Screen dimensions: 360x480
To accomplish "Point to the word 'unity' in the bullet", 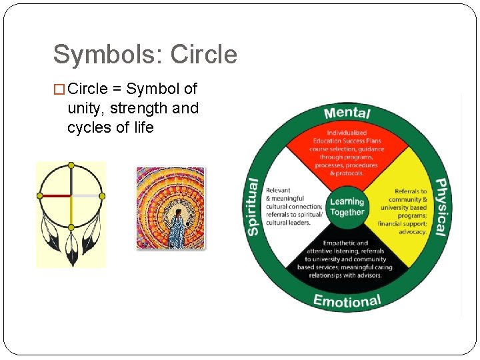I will pyautogui.click(x=85, y=108).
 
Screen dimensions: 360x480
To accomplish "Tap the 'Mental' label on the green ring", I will pyautogui.click(x=347, y=113).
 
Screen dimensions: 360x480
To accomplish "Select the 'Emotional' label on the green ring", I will pyautogui.click(x=347, y=301).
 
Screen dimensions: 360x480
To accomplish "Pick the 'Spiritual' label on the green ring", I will pyautogui.click(x=253, y=207).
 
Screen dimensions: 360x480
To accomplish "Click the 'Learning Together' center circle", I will pyautogui.click(x=347, y=207).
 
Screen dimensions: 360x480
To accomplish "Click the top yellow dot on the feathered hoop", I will pyautogui.click(x=71, y=165).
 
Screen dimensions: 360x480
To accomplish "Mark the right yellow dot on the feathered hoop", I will pyautogui.click(x=102, y=196).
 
